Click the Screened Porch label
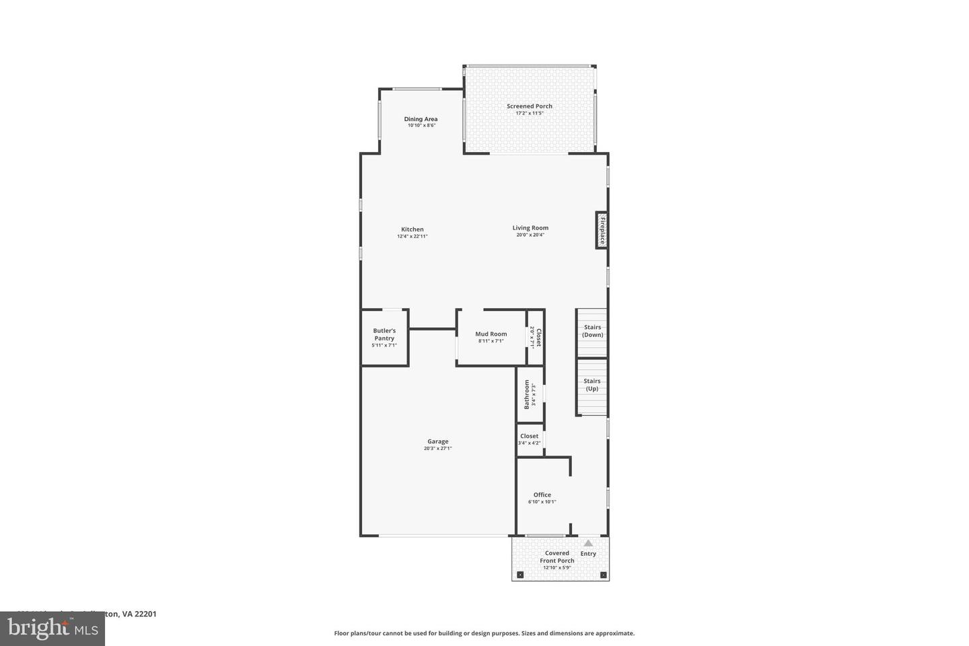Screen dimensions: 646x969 [530, 106]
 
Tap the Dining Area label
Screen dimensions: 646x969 [421, 119]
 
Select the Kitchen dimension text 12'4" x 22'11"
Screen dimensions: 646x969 [412, 236]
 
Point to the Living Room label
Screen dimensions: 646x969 [530, 228]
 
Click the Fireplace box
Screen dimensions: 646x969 [602, 230]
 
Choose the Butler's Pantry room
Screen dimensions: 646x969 [384, 338]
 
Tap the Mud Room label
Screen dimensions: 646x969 [491, 334]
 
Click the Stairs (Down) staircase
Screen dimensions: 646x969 [592, 332]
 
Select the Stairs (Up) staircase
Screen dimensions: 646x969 [592, 386]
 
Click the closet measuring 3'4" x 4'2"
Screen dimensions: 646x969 [529, 439]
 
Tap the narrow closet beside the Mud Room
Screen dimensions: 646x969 [536, 337]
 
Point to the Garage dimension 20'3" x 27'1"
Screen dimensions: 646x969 [437, 448]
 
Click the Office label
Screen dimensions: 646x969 [542, 495]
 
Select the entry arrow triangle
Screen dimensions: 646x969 [588, 543]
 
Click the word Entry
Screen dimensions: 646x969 [588, 554]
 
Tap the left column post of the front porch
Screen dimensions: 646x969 [519, 575]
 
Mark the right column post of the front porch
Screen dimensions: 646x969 [603, 575]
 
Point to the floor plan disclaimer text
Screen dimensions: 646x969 [484, 633]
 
